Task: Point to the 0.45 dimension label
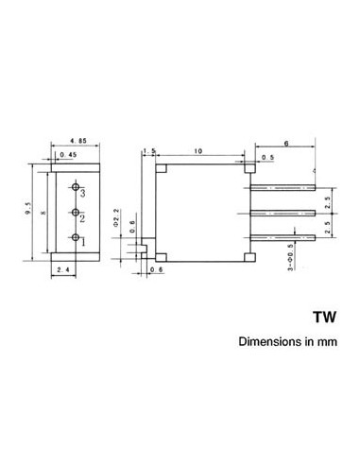[68, 154]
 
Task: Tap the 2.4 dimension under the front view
[63, 272]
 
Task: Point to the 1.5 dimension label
[148, 150]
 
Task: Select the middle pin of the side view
[281, 210]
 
